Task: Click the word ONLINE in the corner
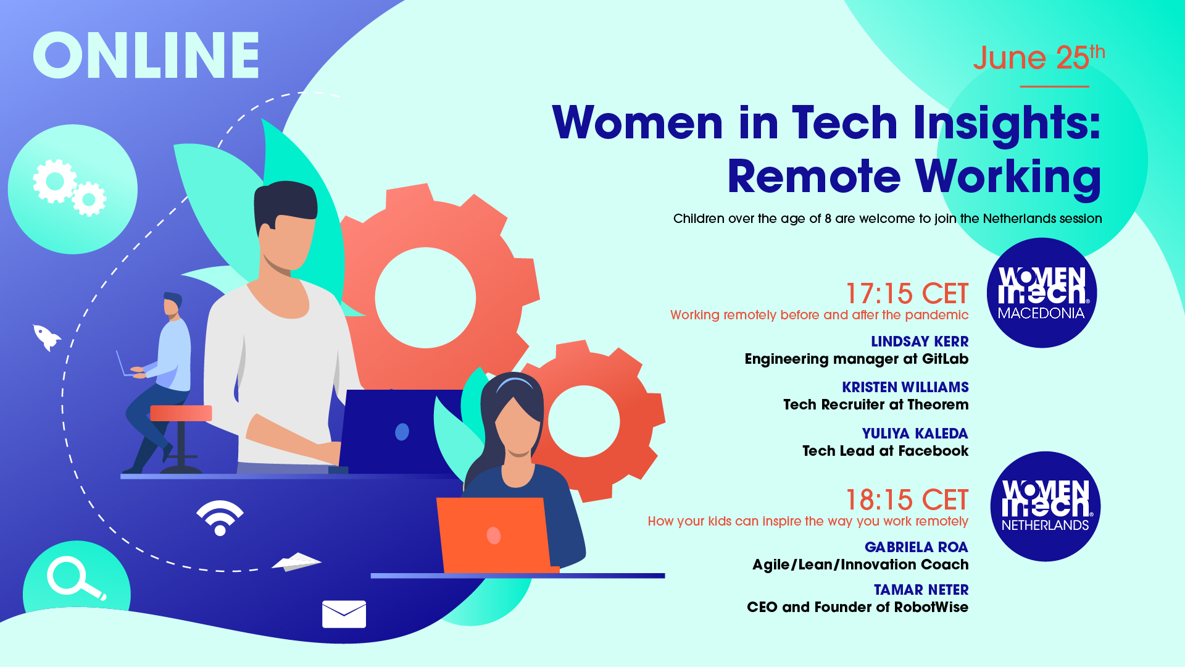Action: click(x=146, y=55)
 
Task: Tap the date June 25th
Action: click(x=1039, y=57)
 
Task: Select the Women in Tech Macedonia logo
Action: click(x=1042, y=293)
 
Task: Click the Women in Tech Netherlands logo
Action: click(x=1046, y=506)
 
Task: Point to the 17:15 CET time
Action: click(x=907, y=294)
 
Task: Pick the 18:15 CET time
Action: click(x=907, y=500)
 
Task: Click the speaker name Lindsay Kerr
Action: click(x=920, y=342)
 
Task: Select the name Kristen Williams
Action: click(x=905, y=387)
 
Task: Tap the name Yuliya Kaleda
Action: click(x=915, y=434)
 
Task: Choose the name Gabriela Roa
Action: click(x=917, y=547)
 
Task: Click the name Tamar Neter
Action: click(x=921, y=590)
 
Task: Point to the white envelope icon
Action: click(x=344, y=614)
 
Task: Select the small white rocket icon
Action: click(x=46, y=337)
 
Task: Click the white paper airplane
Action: click(x=297, y=561)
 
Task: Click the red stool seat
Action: click(x=181, y=413)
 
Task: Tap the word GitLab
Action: click(x=945, y=359)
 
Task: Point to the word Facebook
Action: click(x=933, y=451)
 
